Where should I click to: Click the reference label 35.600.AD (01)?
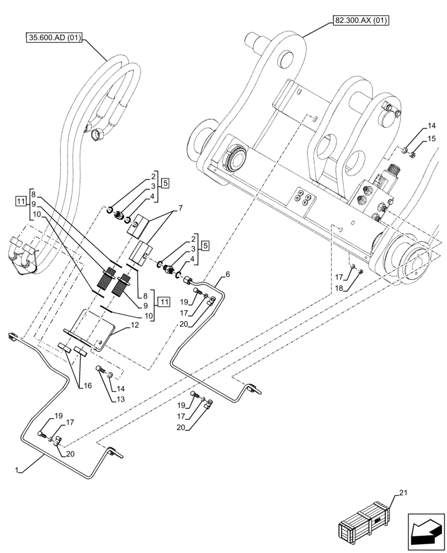54,38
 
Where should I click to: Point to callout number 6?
227,274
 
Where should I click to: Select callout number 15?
432,138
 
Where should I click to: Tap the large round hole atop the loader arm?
286,58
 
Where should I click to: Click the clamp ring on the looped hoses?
100,133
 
